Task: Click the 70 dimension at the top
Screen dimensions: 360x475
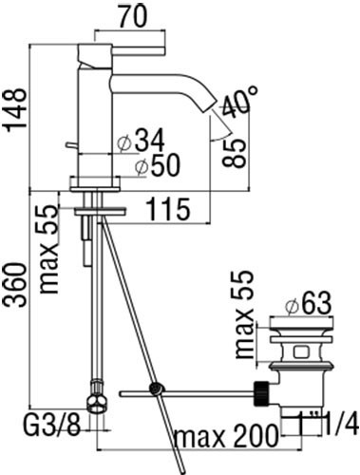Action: point(133,15)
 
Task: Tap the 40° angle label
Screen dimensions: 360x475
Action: point(239,101)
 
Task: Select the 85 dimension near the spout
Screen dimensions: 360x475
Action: point(234,153)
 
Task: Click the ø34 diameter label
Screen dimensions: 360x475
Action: point(141,141)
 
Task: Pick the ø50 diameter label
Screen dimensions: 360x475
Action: point(157,165)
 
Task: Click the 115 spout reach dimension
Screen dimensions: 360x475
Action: point(169,209)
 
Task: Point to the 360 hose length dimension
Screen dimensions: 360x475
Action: point(14,285)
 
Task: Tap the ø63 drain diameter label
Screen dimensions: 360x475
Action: point(308,303)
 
